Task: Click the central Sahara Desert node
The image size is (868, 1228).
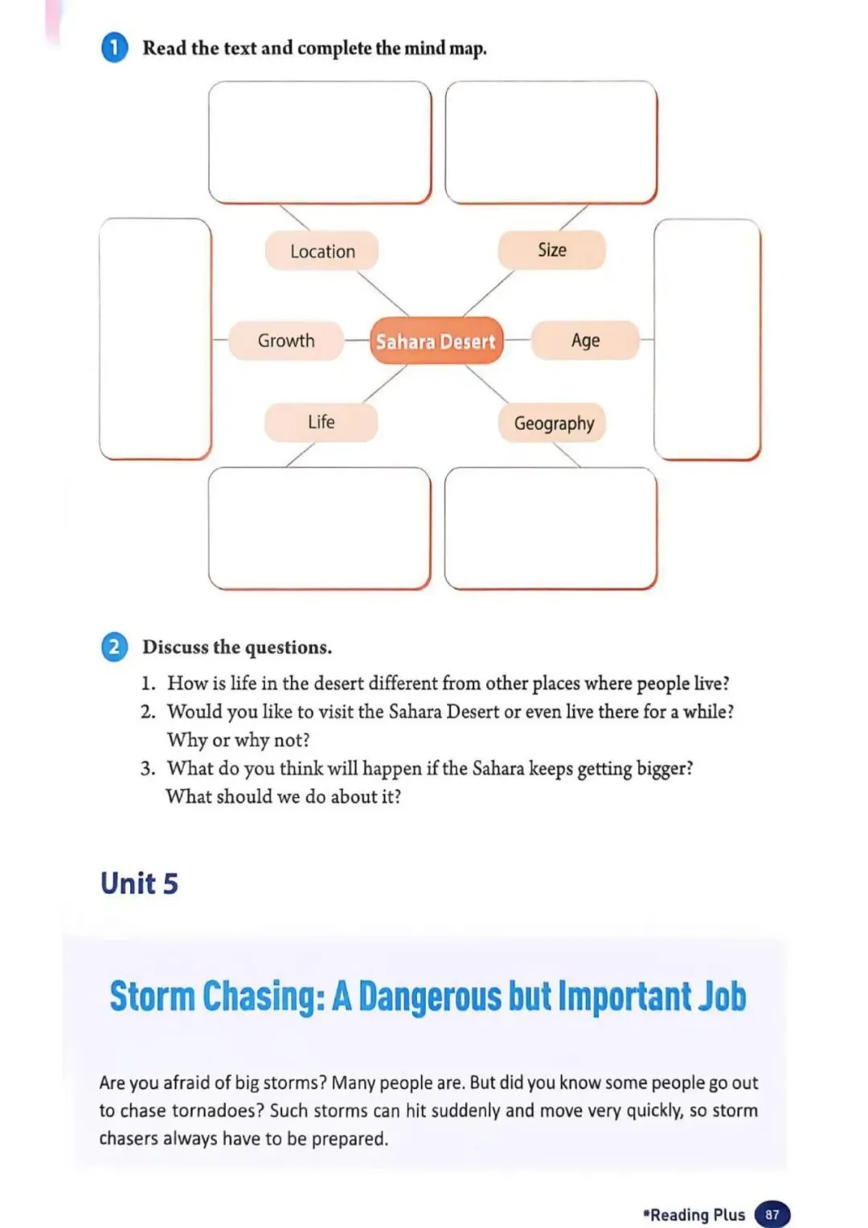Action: (436, 342)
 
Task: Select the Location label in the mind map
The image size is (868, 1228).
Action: (321, 252)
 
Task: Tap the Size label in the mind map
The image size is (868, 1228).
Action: (551, 250)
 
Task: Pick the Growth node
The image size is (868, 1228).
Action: (286, 341)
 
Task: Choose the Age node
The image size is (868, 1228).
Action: (585, 341)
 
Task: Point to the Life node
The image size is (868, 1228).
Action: (321, 422)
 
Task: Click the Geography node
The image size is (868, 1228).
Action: (553, 423)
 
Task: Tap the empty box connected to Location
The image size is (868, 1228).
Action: (320, 142)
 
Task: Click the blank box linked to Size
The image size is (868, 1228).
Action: (551, 142)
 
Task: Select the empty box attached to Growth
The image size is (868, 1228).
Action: (155, 338)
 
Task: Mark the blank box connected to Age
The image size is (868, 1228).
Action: (706, 338)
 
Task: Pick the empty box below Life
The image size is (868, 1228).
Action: (319, 528)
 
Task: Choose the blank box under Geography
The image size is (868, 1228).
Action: (551, 528)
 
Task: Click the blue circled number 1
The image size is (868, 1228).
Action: (114, 47)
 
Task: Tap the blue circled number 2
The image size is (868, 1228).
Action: (114, 647)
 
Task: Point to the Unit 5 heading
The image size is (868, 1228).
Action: (139, 883)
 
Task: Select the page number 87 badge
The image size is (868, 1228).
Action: (772, 1214)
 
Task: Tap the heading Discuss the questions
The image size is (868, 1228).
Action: (237, 647)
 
